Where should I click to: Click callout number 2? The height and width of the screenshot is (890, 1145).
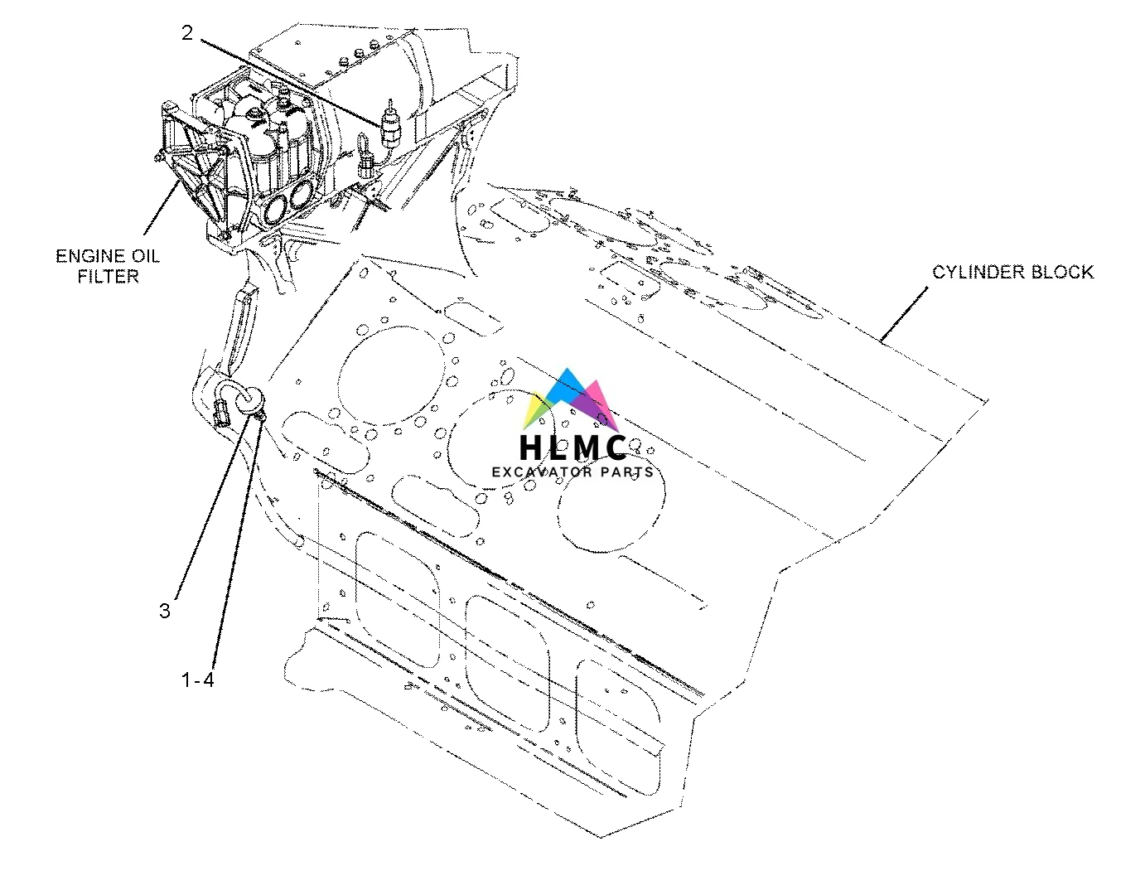click(187, 33)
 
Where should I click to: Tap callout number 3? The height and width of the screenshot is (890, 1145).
click(165, 611)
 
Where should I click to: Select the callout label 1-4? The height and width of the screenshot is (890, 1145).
click(198, 680)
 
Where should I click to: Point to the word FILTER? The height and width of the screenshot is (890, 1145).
click(109, 276)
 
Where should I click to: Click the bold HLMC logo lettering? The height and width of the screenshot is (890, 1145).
click(572, 447)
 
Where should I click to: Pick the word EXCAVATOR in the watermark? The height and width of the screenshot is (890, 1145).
click(542, 472)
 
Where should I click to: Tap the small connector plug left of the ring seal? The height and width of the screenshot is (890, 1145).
click(220, 410)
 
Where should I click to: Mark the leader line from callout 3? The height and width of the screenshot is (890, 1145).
click(211, 497)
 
